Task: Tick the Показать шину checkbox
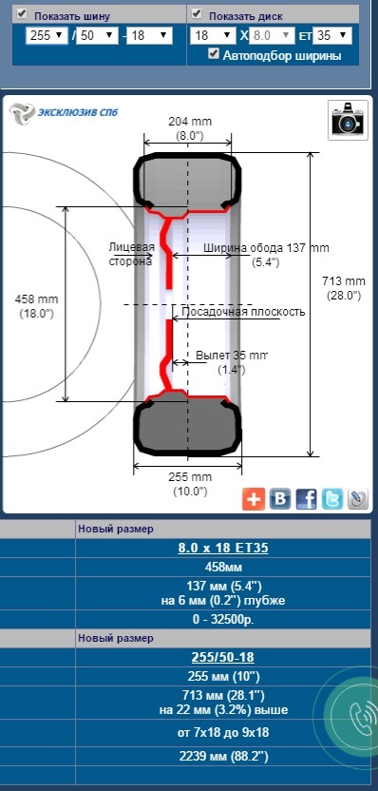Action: [x=22, y=13]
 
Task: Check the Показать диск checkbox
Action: [x=197, y=13]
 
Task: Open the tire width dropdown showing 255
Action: [x=47, y=36]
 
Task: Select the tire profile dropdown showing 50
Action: [x=97, y=36]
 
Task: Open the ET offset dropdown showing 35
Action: [x=331, y=36]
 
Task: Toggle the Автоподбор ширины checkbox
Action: [x=214, y=54]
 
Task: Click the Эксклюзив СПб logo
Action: [x=64, y=111]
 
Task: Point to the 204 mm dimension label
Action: [x=190, y=121]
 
